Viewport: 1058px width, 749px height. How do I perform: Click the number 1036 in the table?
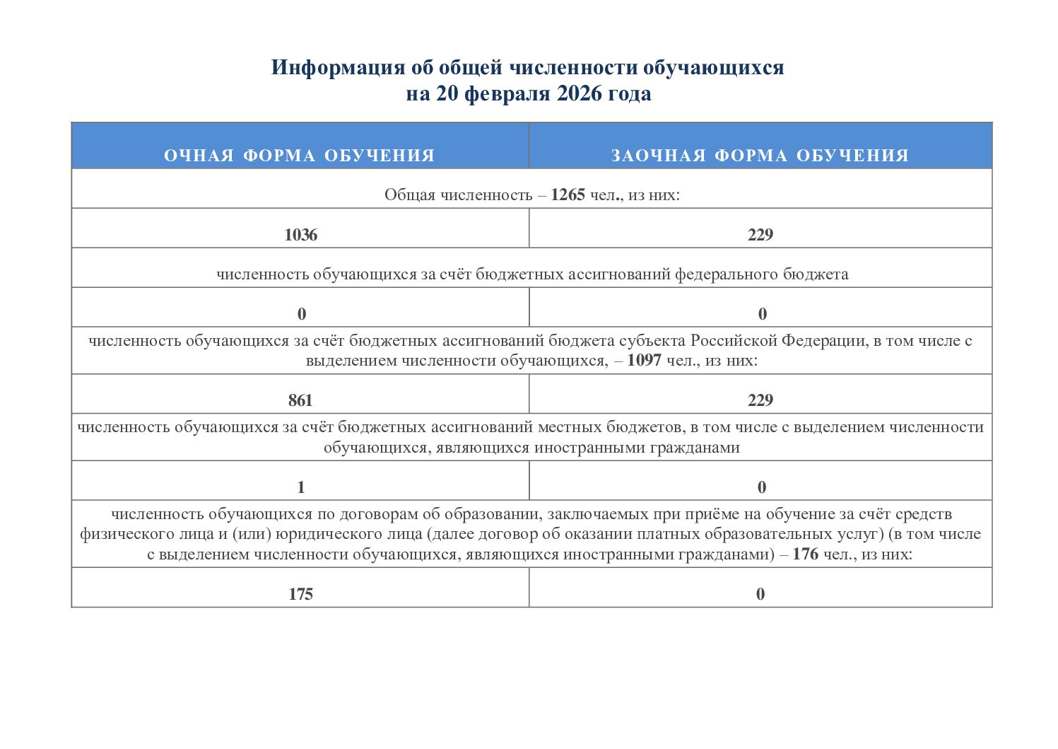pos(300,236)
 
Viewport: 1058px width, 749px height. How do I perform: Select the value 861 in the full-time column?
pos(300,401)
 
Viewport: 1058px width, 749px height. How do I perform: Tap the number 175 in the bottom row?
pos(300,595)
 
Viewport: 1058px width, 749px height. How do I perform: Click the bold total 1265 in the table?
pos(568,195)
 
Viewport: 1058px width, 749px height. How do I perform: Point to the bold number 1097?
pos(644,361)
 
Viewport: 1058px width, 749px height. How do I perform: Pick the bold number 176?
pos(805,555)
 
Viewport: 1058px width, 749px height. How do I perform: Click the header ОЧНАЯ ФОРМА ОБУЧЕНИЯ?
pos(300,156)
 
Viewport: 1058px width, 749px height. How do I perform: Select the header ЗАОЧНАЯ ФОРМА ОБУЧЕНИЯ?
pos(760,156)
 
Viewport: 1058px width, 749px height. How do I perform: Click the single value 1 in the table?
pos(301,487)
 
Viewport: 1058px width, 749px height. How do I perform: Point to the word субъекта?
pos(652,341)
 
